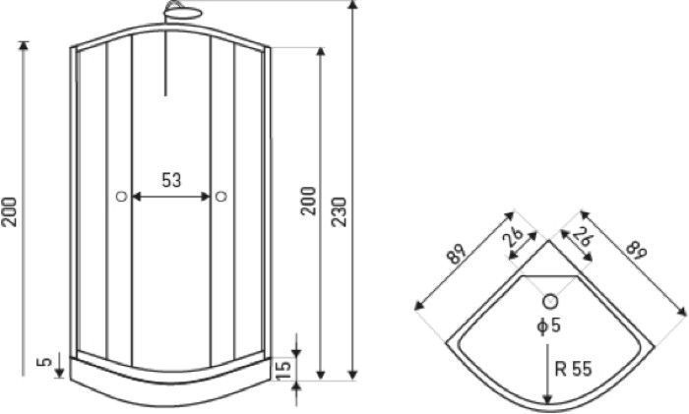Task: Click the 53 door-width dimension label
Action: coord(171,180)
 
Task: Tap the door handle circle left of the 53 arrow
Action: coord(122,197)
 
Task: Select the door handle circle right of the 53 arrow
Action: coord(221,197)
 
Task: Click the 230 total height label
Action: coord(339,212)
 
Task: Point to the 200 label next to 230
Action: coord(308,201)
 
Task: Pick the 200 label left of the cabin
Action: coord(9,212)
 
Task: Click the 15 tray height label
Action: coord(284,370)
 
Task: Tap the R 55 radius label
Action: coord(574,369)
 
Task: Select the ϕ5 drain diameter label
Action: coord(549,325)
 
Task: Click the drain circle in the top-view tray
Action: coord(550,302)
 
